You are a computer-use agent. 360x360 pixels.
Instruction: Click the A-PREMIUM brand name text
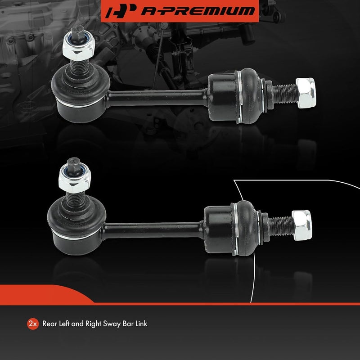[198, 11]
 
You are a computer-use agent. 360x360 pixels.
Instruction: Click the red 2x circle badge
[32, 324]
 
